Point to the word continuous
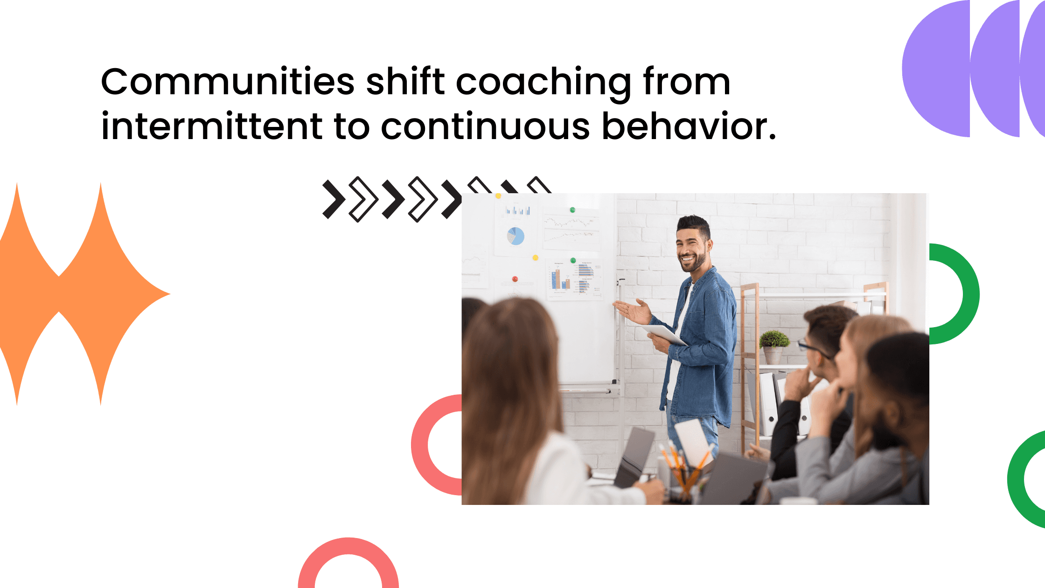point(485,127)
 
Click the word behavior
point(689,126)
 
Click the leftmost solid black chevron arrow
point(333,199)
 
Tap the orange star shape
point(70,294)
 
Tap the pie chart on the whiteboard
point(516,236)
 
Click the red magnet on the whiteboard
point(515,279)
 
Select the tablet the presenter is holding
point(664,334)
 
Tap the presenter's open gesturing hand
point(634,311)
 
